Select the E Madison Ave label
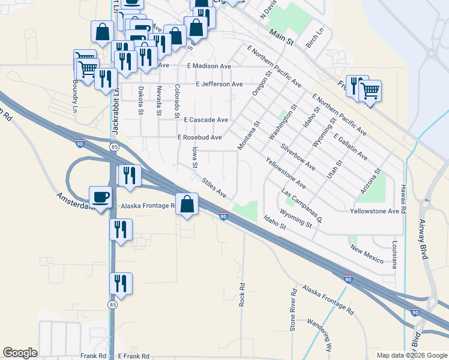coord(209,66)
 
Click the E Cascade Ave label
coord(206,120)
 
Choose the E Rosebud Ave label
coord(200,137)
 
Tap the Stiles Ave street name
coord(214,187)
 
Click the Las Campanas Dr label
coord(302,207)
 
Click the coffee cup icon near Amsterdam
coord(101,196)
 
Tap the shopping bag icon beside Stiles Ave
coord(187,204)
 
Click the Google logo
coord(20,353)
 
